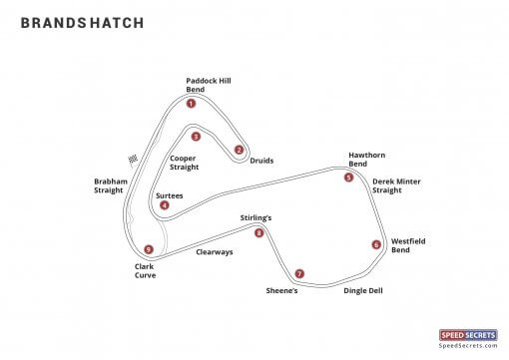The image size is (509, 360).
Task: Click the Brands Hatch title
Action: point(82,22)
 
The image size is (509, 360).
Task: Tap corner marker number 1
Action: point(191,103)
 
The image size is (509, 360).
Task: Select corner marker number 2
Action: point(239,150)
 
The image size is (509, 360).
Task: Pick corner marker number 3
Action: point(196,137)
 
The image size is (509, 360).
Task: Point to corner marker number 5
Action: point(348,178)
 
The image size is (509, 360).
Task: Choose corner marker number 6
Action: point(376,244)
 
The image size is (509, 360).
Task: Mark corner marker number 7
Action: point(298,273)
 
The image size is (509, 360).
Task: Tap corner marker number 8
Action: point(258,233)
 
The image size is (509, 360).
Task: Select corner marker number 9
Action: point(148,249)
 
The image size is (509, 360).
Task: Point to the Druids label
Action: point(261,161)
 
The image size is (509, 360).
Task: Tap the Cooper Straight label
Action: point(184,163)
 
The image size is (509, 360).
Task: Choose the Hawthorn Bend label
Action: point(366,159)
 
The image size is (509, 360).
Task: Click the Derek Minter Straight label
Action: point(396,185)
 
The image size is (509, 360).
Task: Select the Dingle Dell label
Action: point(363,291)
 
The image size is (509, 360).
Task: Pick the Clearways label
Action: point(214,252)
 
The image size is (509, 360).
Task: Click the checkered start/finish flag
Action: point(133,159)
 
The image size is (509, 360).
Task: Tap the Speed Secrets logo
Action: point(468,338)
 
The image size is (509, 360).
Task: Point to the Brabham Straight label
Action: point(109,185)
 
